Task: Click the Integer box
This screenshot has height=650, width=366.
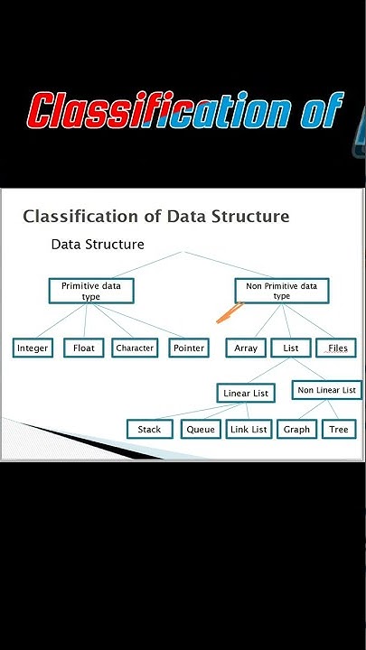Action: point(33,348)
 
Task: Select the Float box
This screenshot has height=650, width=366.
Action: point(84,348)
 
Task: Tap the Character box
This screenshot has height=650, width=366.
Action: point(135,348)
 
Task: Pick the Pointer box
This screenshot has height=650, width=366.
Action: point(189,348)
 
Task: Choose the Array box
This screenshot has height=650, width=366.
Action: point(246,348)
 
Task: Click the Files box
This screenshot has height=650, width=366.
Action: point(336,348)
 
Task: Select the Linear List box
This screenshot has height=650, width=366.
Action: point(246,393)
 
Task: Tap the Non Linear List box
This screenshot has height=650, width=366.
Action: point(327,390)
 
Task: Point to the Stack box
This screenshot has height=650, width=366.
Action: point(150,429)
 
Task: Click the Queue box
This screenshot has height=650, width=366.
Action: point(201,429)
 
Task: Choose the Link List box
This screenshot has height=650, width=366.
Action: point(249,429)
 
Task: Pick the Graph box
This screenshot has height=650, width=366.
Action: point(296,429)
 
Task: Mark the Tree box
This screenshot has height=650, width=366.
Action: point(339,429)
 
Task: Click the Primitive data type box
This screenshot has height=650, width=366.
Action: point(91,291)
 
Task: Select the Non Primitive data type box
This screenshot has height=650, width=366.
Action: point(282,291)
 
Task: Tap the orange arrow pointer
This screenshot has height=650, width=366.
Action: point(230,312)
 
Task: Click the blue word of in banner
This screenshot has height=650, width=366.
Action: point(322,109)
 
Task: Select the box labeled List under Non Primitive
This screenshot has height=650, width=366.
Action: point(291,348)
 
